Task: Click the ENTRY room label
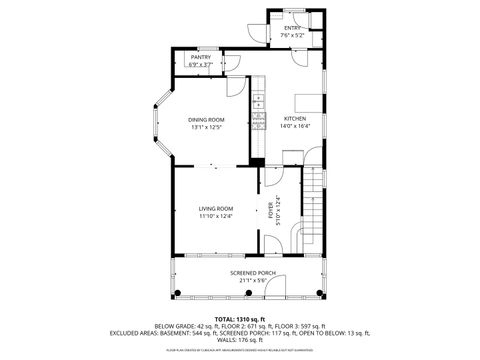point(292,29)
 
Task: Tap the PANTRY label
point(201,58)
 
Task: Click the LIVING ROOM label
point(215,209)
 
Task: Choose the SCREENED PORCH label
point(252,273)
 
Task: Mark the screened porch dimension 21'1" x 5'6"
point(252,281)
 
